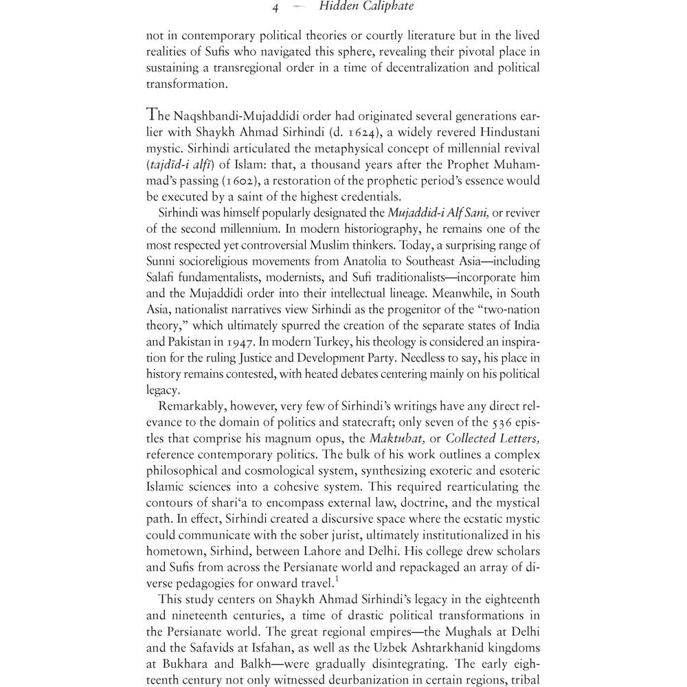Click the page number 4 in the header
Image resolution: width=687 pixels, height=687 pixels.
(x=275, y=9)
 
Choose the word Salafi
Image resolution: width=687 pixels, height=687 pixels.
(x=161, y=278)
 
